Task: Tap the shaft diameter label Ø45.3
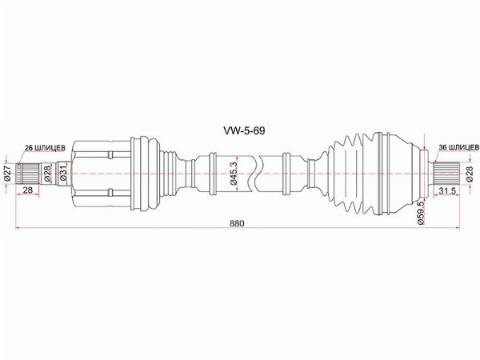(x=231, y=172)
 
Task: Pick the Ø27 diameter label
(x=7, y=172)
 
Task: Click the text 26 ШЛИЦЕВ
(x=41, y=147)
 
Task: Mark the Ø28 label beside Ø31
(x=49, y=172)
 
